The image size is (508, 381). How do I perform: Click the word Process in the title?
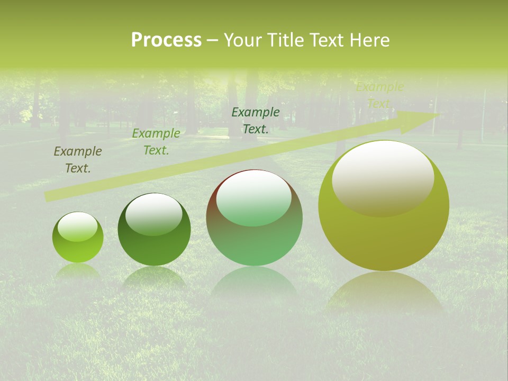(x=166, y=40)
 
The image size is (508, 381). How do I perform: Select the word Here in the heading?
(x=370, y=40)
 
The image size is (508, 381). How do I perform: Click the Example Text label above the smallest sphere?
(x=78, y=159)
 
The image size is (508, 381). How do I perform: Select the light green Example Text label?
(x=156, y=142)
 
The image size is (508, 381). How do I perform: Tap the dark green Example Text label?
(x=256, y=120)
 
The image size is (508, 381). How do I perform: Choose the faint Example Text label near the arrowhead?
(x=379, y=95)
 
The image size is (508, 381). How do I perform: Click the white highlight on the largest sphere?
(x=383, y=177)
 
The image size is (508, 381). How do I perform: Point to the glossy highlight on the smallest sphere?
(x=78, y=226)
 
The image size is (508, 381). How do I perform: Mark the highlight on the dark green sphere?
(x=154, y=214)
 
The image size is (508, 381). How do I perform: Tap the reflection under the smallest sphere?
(x=78, y=270)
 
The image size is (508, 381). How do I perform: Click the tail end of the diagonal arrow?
(x=48, y=196)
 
